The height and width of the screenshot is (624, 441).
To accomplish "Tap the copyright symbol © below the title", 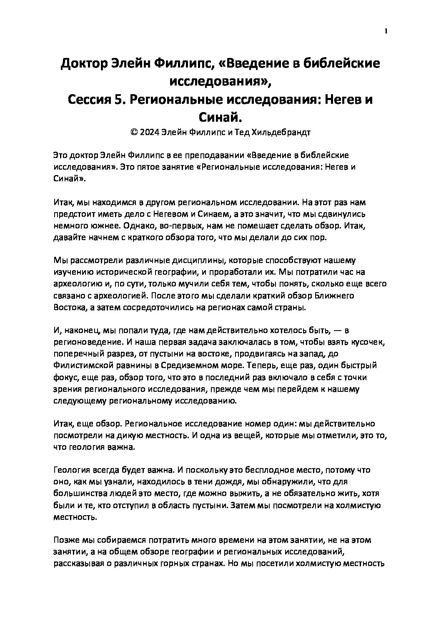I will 134,133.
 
